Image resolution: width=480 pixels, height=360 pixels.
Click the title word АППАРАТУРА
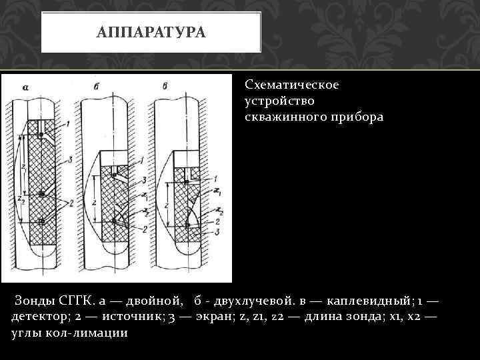coord(151,33)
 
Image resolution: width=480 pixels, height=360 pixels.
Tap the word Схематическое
coord(292,85)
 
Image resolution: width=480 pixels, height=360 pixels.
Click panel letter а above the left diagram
coord(24,87)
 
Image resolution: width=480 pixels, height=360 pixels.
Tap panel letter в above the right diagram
coord(165,86)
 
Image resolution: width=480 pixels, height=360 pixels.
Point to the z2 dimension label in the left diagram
coord(21,199)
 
